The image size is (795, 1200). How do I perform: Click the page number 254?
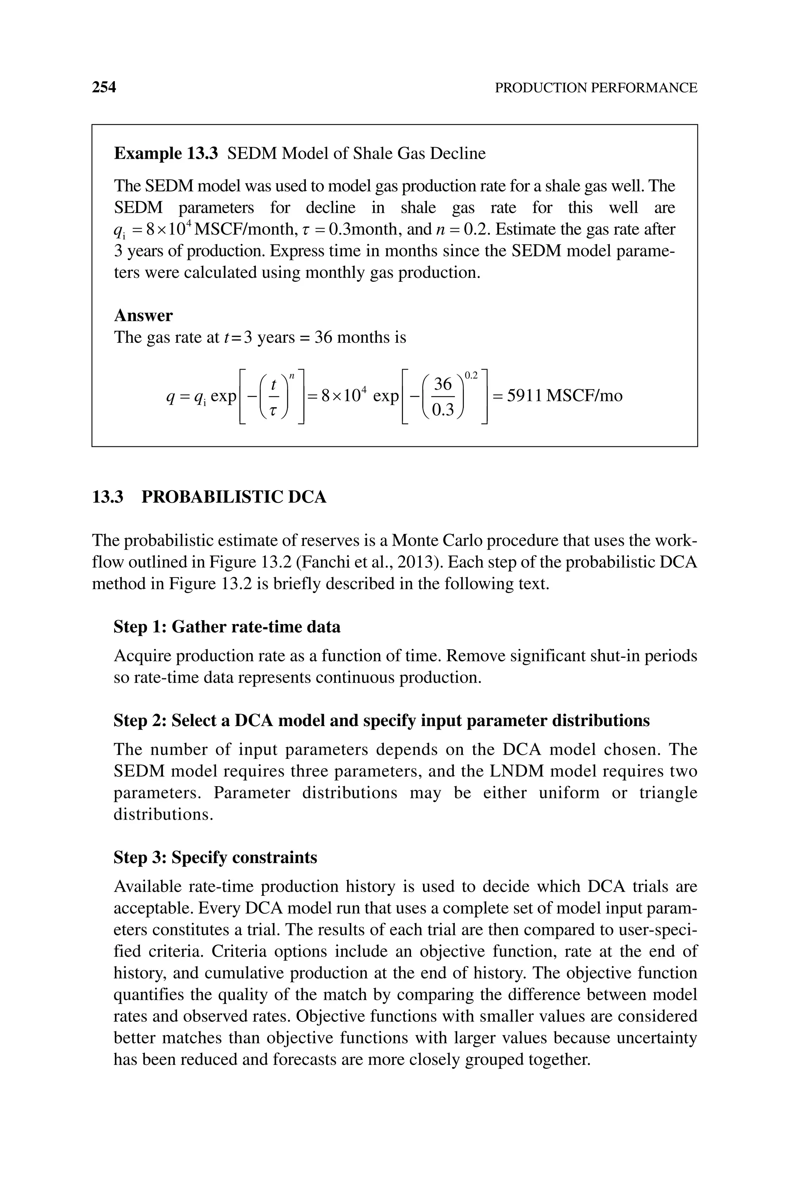tap(104, 87)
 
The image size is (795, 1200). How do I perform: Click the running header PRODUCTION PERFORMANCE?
tap(596, 88)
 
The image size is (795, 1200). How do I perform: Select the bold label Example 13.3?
tap(166, 153)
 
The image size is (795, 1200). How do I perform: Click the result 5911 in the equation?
tap(525, 396)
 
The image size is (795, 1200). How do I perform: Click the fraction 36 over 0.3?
tap(443, 396)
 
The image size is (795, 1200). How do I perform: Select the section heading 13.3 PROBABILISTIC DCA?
tap(209, 497)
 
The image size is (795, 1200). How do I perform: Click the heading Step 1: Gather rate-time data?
tap(227, 627)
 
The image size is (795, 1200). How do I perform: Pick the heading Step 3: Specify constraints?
tap(215, 857)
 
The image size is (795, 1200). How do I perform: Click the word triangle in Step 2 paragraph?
tap(668, 792)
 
